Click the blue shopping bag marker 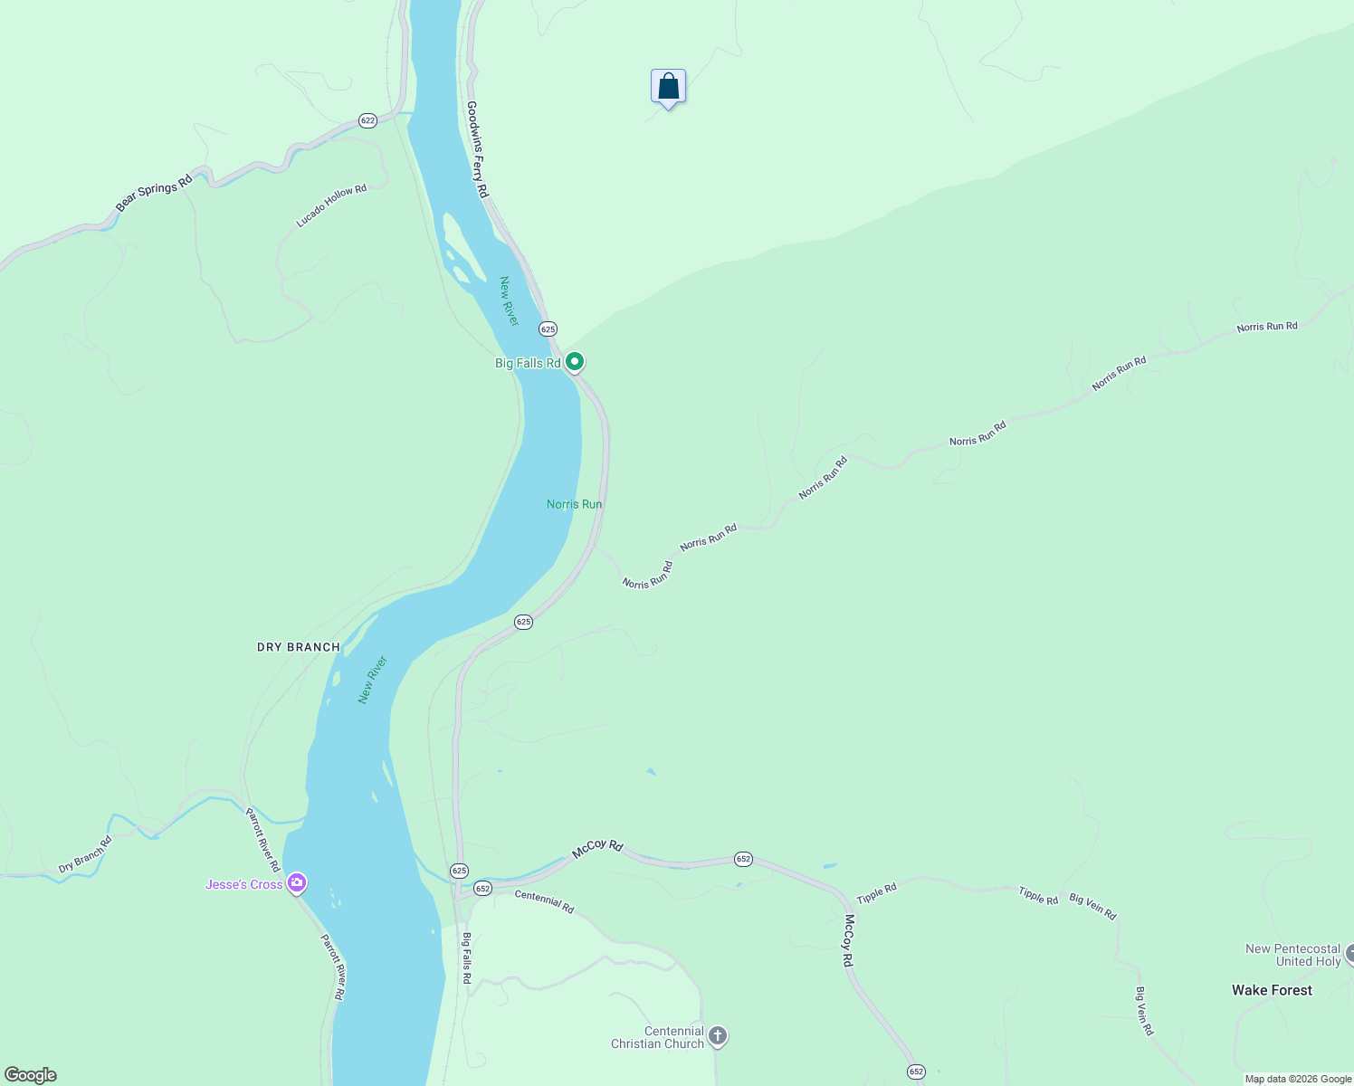668,87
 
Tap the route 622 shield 367,120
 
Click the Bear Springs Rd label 154,193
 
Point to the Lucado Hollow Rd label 331,206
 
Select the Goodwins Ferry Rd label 477,149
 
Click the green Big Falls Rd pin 574,363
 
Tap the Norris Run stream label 574,504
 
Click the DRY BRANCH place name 299,647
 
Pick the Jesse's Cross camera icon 296,883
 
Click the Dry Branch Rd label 85,854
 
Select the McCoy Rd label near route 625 597,848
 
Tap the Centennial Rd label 544,901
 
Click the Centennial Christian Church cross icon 718,1036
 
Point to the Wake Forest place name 1272,990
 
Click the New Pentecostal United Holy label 1293,955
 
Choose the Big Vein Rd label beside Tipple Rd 1092,906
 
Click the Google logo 30,1075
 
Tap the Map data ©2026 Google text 1298,1079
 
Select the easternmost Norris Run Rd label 1267,327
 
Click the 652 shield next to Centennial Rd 482,889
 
